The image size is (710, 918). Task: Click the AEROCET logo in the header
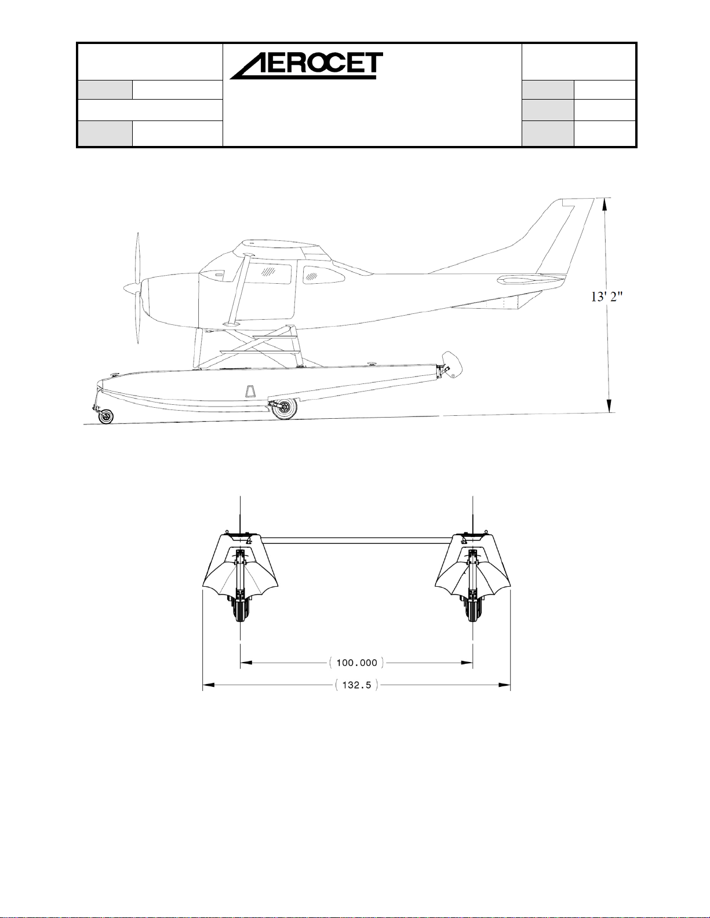pyautogui.click(x=306, y=66)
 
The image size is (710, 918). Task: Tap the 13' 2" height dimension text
pyautogui.click(x=607, y=297)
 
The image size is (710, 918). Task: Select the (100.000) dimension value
pyautogui.click(x=356, y=663)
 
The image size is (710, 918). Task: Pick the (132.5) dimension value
pyautogui.click(x=356, y=685)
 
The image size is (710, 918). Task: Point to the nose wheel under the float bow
pyautogui.click(x=106, y=416)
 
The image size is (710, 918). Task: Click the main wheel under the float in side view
pyautogui.click(x=285, y=408)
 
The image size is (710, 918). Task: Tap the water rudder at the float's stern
pyautogui.click(x=453, y=364)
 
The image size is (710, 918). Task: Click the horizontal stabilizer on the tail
pyautogui.click(x=531, y=279)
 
